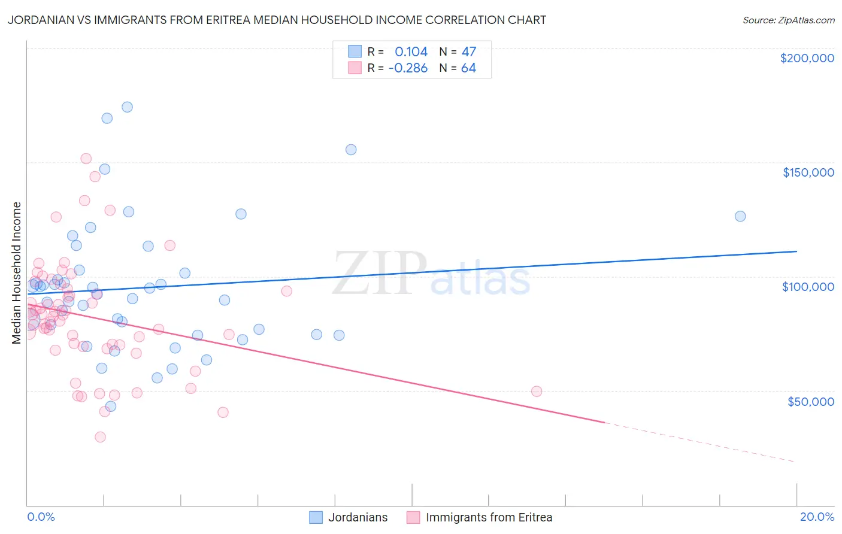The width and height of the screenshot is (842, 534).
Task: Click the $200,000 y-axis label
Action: [x=807, y=58]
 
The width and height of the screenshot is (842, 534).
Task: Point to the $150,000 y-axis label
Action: [x=808, y=172]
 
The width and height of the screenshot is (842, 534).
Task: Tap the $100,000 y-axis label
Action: [x=808, y=287]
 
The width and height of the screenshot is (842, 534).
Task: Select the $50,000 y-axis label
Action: [x=810, y=401]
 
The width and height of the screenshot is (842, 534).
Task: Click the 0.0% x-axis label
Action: [x=41, y=517]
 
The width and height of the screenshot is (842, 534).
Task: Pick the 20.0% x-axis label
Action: [x=817, y=517]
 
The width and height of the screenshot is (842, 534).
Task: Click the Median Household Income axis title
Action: [x=17, y=273]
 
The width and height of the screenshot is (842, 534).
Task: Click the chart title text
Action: [x=277, y=20]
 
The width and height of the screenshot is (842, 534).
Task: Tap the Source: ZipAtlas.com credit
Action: [x=788, y=20]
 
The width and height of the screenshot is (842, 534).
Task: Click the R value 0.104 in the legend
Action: [x=411, y=51]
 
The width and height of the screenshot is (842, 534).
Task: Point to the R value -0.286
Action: [x=408, y=68]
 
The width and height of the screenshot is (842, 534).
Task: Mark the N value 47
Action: [x=468, y=51]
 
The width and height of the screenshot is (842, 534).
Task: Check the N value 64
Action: [x=468, y=68]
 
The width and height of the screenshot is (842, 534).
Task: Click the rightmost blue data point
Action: [x=740, y=216]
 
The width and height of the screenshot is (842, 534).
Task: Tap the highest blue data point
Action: [x=127, y=107]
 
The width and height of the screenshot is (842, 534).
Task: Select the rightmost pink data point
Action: [x=537, y=392]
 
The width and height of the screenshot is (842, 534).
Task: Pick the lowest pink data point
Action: [x=100, y=437]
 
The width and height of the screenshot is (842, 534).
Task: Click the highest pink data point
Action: [x=86, y=159]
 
